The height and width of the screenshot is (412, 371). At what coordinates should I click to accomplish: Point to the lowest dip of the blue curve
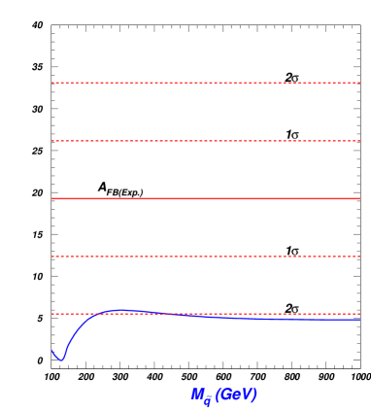point(61,360)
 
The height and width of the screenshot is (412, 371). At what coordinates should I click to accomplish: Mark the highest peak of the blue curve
point(122,310)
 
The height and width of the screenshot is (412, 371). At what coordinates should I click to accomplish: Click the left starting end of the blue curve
point(51,350)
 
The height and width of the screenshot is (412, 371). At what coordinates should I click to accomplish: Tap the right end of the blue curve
point(360,319)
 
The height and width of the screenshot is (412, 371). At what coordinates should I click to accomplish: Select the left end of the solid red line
point(52,198)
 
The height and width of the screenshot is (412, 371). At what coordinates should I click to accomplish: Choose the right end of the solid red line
point(359,198)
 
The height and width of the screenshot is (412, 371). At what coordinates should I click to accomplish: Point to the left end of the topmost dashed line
point(52,83)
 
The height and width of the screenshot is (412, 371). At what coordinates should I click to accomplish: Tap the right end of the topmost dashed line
point(359,83)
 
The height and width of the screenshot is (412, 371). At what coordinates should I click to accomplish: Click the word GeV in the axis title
point(236,394)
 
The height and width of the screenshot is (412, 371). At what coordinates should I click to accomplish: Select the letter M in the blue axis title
point(197,394)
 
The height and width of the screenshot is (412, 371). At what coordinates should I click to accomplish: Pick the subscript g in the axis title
point(207,399)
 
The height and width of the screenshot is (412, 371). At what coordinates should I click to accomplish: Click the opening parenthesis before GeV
point(218,395)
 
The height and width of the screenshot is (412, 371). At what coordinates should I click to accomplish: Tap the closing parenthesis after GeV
point(255,395)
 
